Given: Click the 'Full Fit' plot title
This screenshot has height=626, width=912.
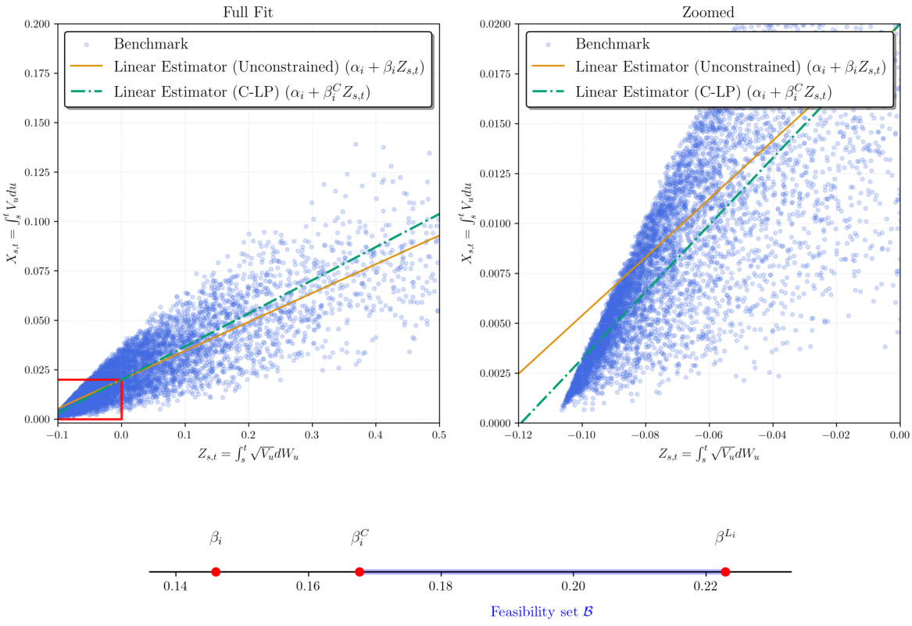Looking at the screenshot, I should (x=249, y=10).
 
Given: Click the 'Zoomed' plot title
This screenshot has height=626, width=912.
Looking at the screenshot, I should (x=709, y=10).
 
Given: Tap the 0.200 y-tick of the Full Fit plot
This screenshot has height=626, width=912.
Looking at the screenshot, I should (x=37, y=24).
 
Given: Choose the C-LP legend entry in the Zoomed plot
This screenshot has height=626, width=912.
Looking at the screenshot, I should (x=703, y=91).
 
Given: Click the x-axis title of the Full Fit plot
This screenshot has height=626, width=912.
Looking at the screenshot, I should (x=249, y=453).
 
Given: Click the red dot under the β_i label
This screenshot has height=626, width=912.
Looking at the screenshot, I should (x=216, y=572).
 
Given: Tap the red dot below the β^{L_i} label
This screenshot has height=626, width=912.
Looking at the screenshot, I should (x=725, y=572).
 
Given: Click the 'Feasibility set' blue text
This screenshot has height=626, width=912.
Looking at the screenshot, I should (x=542, y=612).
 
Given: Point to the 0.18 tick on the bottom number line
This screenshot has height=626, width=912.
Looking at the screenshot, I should (x=442, y=586).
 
